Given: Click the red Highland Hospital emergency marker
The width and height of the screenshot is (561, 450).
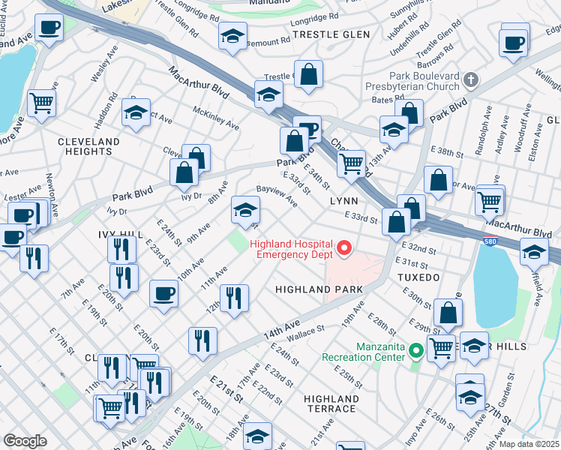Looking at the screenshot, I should [x=345, y=247].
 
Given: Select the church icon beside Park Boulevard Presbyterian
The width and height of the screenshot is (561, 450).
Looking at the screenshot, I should [x=471, y=79].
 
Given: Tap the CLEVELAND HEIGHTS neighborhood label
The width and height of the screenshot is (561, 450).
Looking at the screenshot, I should [x=88, y=146].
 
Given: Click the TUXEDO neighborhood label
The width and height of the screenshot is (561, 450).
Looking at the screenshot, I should [x=418, y=277].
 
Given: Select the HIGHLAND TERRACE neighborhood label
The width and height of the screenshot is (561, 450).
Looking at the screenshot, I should [x=331, y=403].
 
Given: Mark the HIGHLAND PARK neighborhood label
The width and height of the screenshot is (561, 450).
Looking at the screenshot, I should [x=319, y=289].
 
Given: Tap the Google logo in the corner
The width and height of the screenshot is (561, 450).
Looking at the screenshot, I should [x=25, y=440].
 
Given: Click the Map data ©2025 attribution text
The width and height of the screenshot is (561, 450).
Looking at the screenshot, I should [x=529, y=444].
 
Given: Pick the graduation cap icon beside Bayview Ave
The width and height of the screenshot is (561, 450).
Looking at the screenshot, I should [x=245, y=211].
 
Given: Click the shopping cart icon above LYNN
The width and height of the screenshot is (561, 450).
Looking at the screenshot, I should [x=350, y=163].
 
